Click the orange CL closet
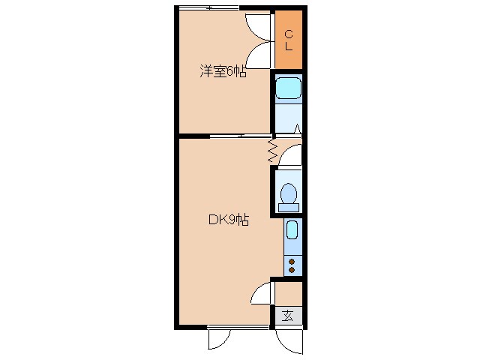(x=288, y=39)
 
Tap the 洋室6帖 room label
(x=222, y=72)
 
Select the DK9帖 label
(x=228, y=220)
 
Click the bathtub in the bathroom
(x=287, y=89)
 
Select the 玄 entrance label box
(x=288, y=316)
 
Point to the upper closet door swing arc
(x=259, y=27)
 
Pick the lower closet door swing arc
(x=259, y=55)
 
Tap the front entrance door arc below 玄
(x=289, y=342)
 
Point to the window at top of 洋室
(x=209, y=7)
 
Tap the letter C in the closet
(x=288, y=32)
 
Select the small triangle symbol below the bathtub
(x=298, y=128)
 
